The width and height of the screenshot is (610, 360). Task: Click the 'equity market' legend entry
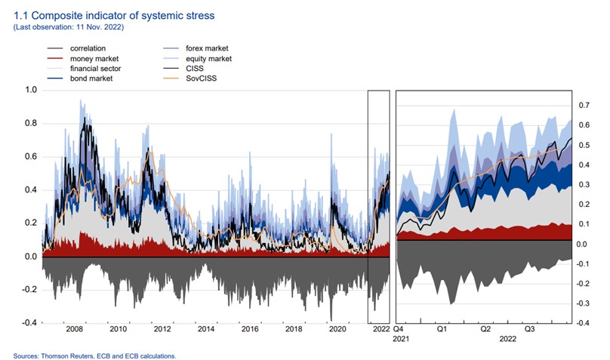coord(210,59)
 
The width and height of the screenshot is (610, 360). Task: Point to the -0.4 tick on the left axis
coord(28,323)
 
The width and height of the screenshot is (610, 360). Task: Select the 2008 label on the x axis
coord(74,330)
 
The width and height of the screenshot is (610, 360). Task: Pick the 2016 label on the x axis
coord(250,330)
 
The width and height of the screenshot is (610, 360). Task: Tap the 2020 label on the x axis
coord(337,330)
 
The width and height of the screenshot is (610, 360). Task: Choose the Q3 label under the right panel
coord(530,329)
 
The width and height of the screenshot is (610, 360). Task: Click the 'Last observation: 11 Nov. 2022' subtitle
coord(69,27)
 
